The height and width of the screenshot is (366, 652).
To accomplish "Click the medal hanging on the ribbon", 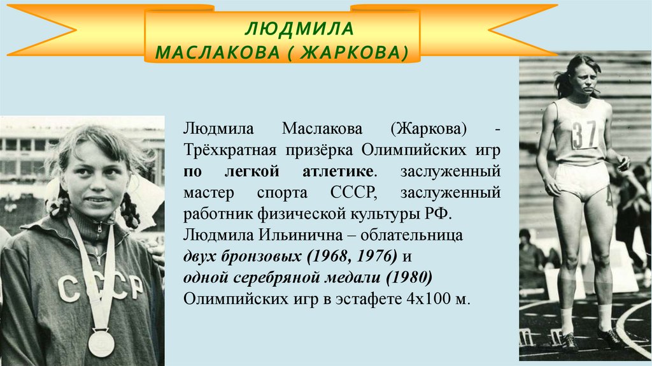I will [101, 342].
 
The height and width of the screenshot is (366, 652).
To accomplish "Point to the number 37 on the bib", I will [583, 133].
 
